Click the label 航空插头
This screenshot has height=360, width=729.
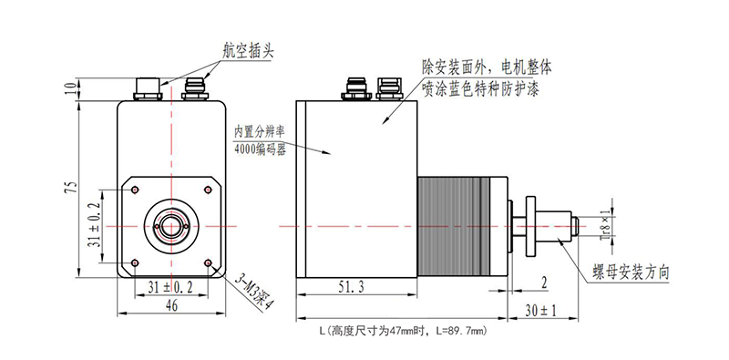pyautogui.click(x=247, y=50)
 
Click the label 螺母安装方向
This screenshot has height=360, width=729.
pyautogui.click(x=631, y=272)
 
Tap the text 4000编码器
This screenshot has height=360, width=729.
pyautogui.click(x=260, y=149)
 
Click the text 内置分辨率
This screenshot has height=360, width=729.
pyautogui.click(x=262, y=131)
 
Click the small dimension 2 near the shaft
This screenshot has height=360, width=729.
pyautogui.click(x=543, y=282)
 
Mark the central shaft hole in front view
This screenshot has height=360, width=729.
pyautogui.click(x=171, y=224)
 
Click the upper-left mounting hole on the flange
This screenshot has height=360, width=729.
pyautogui.click(x=134, y=190)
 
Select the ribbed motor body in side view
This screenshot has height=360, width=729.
pyautogui.click(x=454, y=224)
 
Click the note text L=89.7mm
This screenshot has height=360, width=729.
pyautogui.click(x=464, y=329)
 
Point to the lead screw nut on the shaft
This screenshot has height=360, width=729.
pyautogui.click(x=521, y=224)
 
